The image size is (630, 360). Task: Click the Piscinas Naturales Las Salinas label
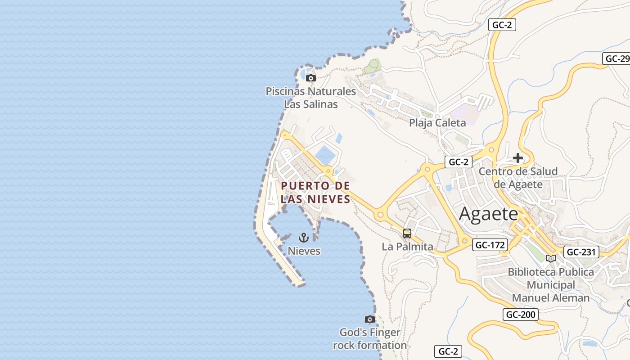click(310, 98)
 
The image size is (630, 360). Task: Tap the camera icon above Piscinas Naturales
click(310, 78)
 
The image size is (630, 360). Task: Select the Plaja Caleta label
click(437, 122)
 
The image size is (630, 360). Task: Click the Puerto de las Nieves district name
click(315, 192)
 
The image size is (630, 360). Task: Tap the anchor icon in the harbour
click(304, 237)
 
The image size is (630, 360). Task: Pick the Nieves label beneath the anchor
click(304, 251)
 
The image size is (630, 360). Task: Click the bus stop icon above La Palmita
click(407, 234)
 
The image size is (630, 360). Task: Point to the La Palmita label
click(407, 247)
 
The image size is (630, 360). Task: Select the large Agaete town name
click(489, 214)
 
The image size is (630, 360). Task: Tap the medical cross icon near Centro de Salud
click(518, 158)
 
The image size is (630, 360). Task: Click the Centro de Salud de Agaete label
click(518, 178)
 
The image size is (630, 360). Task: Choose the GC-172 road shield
click(490, 245)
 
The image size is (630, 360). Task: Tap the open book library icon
click(550, 258)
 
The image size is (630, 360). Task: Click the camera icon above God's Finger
click(370, 319)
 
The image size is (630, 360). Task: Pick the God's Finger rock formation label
click(370, 339)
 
